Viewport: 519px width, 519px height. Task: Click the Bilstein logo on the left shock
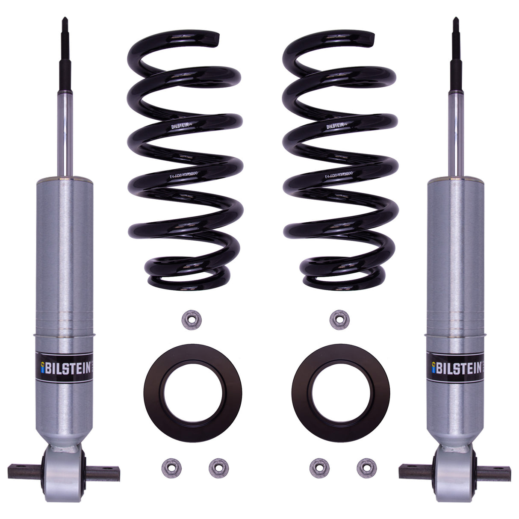click(x=65, y=367)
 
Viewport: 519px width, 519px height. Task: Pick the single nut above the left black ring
click(x=191, y=319)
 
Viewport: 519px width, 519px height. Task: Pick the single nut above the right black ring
click(x=339, y=319)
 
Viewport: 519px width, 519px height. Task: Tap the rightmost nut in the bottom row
click(x=366, y=469)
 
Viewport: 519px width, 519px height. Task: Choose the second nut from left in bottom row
click(x=218, y=469)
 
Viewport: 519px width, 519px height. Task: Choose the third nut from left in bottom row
click(x=319, y=469)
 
